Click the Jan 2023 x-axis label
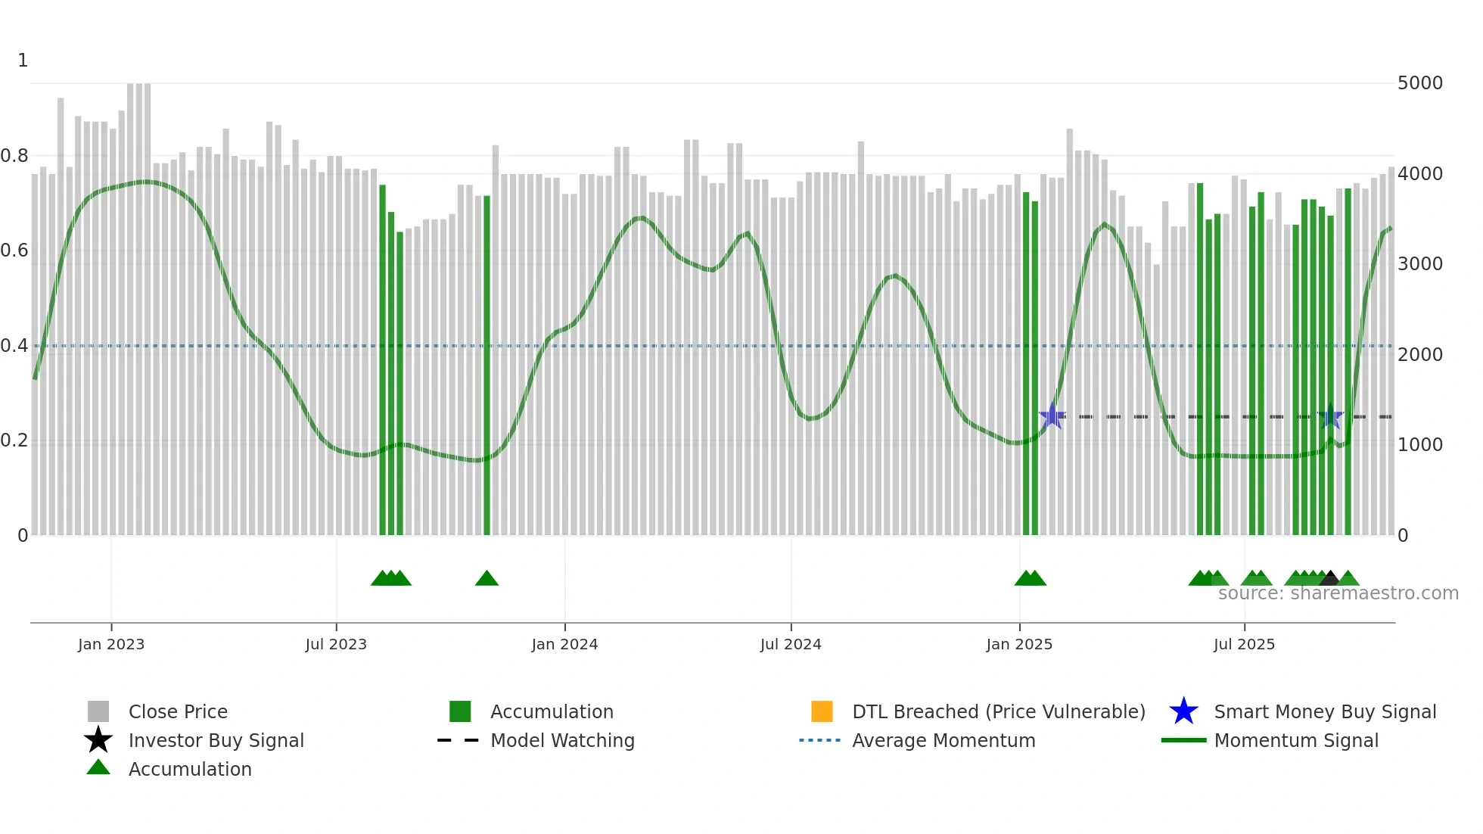click(111, 644)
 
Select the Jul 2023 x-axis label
click(336, 644)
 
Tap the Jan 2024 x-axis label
click(564, 644)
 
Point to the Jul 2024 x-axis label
click(791, 644)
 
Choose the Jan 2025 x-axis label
click(1019, 644)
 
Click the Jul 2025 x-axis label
click(1244, 644)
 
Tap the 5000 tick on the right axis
click(1420, 83)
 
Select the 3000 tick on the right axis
click(1420, 264)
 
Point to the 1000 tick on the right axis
click(1420, 445)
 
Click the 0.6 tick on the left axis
click(14, 251)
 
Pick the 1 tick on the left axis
click(23, 61)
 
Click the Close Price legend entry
click(178, 711)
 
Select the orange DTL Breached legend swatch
click(822, 711)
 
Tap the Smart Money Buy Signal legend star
click(1183, 711)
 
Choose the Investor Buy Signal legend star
click(98, 740)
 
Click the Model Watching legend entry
click(562, 740)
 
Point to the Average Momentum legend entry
click(944, 740)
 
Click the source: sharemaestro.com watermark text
click(1338, 593)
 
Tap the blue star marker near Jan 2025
click(1052, 416)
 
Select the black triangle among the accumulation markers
click(1329, 579)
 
